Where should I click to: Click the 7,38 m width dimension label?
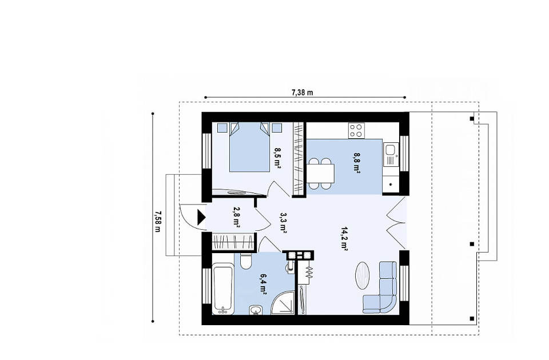[x=302, y=93]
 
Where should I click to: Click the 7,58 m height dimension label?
[x=157, y=222]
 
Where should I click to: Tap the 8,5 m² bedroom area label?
[x=277, y=158]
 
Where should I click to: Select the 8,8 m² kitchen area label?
[x=356, y=163]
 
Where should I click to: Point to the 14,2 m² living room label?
[x=344, y=239]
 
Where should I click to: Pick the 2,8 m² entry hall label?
[x=236, y=217]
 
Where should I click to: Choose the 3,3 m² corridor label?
[x=283, y=222]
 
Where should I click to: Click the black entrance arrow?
[x=201, y=217]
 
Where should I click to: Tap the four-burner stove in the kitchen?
[x=356, y=130]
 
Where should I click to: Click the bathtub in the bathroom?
[x=223, y=289]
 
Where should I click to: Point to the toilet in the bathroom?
[x=245, y=261]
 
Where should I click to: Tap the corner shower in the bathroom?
[x=284, y=303]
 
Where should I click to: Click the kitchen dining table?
[x=321, y=174]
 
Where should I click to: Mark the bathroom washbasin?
[x=256, y=310]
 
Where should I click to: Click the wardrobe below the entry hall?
[x=233, y=242]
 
